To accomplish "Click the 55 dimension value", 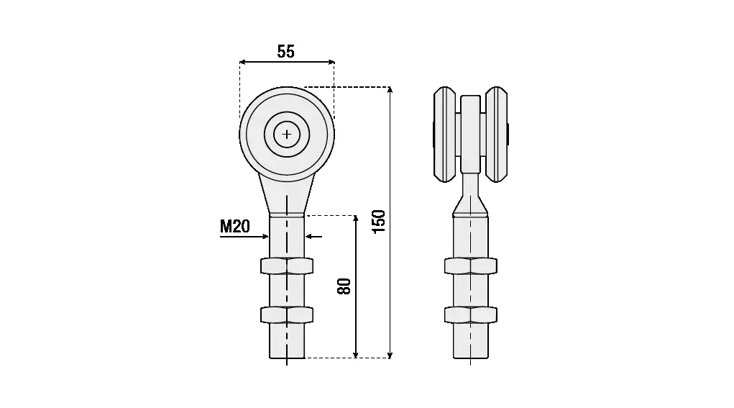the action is pyautogui.click(x=286, y=51).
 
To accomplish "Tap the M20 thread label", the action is pyautogui.click(x=235, y=227).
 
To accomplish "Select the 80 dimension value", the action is pyautogui.click(x=344, y=286).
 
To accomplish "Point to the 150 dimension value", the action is pyautogui.click(x=378, y=222).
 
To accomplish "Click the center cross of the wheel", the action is pyautogui.click(x=287, y=135).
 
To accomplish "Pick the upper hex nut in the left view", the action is pyautogui.click(x=287, y=266).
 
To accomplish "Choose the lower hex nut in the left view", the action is pyautogui.click(x=287, y=314).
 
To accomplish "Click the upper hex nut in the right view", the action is pyautogui.click(x=470, y=266).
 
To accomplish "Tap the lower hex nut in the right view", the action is pyautogui.click(x=470, y=314).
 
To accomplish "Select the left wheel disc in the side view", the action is pyautogui.click(x=445, y=135).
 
